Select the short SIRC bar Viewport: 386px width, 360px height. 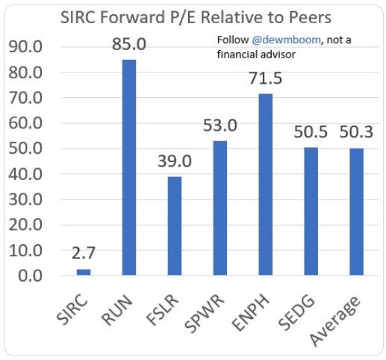[84, 272]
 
